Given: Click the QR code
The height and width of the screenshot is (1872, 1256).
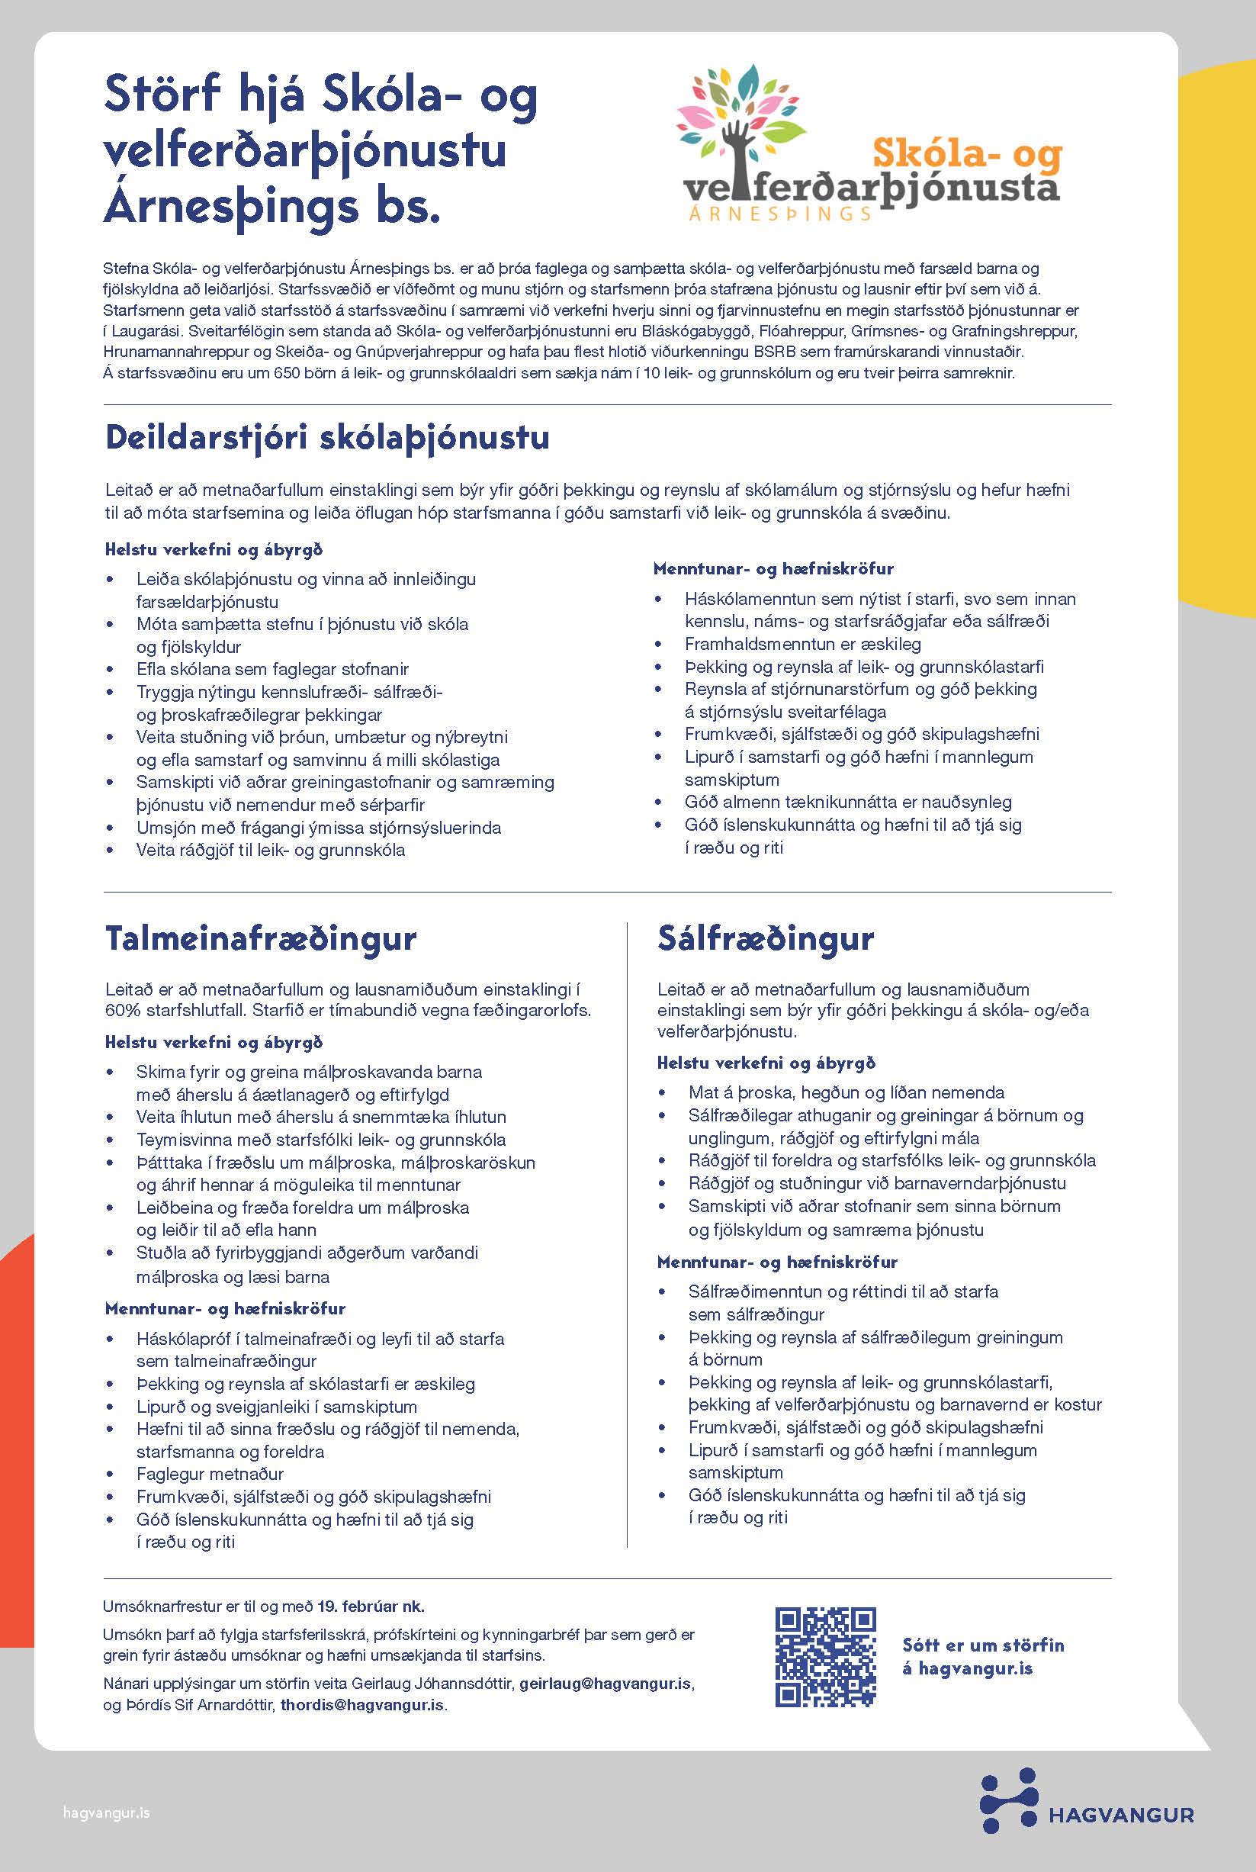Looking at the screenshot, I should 825,1658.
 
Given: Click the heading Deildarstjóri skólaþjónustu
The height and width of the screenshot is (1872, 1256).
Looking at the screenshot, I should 327,437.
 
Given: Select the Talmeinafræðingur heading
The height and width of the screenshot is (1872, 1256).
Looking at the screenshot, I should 260,938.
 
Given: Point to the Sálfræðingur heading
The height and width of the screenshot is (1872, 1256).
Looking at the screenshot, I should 765,938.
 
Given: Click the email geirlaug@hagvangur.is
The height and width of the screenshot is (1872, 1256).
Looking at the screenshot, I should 606,1684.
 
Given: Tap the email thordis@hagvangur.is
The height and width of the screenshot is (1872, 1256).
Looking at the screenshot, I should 361,1705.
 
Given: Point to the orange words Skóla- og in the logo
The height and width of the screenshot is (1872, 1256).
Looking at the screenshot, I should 966,154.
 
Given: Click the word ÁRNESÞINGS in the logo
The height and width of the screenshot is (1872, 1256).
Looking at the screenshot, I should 779,213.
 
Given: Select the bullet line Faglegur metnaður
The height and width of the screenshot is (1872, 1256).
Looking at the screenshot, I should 210,1474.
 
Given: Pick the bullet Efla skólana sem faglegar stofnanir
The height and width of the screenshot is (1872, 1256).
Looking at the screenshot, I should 272,669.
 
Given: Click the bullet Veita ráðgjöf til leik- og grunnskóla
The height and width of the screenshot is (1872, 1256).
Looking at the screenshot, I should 271,850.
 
